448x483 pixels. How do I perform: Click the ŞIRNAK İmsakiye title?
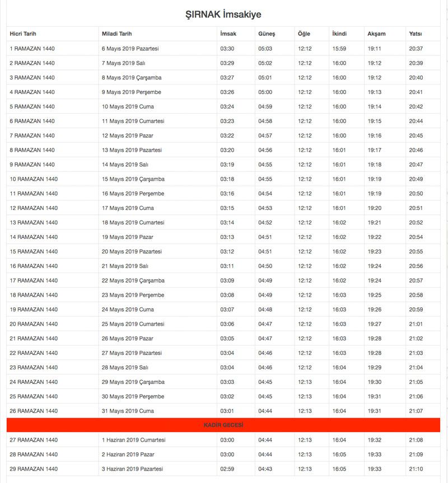click(x=223, y=15)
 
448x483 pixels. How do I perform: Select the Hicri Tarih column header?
click(x=23, y=34)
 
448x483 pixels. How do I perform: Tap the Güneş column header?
click(x=267, y=34)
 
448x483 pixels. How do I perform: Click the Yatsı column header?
click(x=416, y=34)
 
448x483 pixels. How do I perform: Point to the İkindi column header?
click(x=339, y=34)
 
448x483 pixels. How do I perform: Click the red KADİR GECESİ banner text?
click(x=223, y=425)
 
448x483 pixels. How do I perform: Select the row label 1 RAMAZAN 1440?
click(x=32, y=49)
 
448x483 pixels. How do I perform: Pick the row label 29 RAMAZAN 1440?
click(x=34, y=469)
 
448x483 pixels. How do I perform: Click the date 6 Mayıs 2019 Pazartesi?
click(x=130, y=49)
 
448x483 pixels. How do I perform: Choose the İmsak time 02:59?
click(x=227, y=469)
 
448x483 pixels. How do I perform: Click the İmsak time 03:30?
click(x=227, y=49)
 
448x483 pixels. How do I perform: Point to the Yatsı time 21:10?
click(x=416, y=469)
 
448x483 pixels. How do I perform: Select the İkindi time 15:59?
click(x=339, y=49)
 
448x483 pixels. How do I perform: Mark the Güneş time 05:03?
click(x=265, y=49)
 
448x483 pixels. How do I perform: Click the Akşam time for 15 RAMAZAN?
click(x=375, y=252)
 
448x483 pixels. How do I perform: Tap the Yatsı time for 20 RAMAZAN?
click(x=416, y=324)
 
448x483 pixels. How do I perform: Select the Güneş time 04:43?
click(x=265, y=469)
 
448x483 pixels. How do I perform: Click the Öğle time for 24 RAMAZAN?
click(x=305, y=382)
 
